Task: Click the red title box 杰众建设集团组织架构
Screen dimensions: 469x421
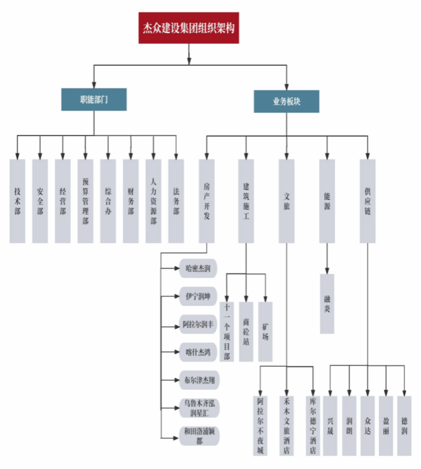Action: point(189,28)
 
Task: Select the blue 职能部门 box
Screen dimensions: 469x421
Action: point(94,99)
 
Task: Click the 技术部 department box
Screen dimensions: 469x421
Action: point(18,201)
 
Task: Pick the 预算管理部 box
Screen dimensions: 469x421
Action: point(85,201)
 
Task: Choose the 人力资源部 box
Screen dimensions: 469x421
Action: point(153,201)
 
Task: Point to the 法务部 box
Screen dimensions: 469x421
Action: point(176,201)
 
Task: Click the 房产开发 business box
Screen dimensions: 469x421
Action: point(207,201)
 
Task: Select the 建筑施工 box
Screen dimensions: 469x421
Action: point(246,201)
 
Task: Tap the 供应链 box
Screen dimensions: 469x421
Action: point(368,201)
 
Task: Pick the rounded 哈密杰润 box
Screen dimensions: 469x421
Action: point(198,268)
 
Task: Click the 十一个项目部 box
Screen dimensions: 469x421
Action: point(227,332)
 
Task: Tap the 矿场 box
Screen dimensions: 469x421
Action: point(266,332)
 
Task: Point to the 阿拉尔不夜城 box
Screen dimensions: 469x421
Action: point(261,426)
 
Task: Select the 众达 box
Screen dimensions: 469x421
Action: point(368,426)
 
